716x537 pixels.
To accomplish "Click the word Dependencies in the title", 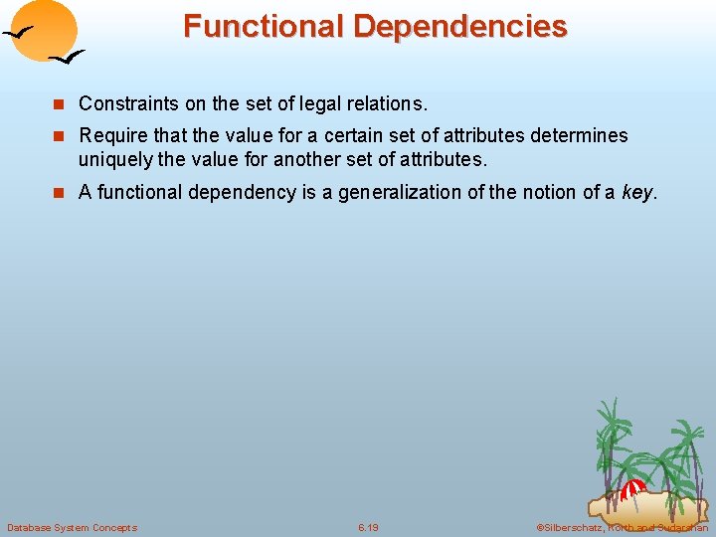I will pyautogui.click(x=459, y=26).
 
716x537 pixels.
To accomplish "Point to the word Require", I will pyautogui.click(x=111, y=135).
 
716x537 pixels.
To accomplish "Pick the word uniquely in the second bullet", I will pyautogui.click(x=113, y=159).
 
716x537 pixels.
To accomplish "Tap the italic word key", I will pyautogui.click(x=636, y=193).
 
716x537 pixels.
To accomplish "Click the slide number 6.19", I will pyautogui.click(x=368, y=527).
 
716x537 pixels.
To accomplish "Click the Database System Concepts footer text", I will pyautogui.click(x=72, y=527).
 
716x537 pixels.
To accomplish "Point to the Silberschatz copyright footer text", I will pyautogui.click(x=622, y=527).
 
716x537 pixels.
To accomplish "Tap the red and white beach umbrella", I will pyautogui.click(x=632, y=488).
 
